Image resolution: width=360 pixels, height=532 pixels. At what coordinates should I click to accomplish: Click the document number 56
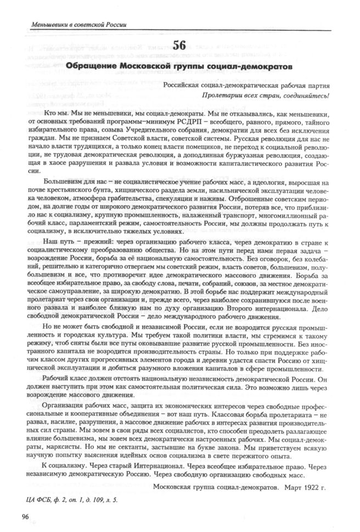point(179,47)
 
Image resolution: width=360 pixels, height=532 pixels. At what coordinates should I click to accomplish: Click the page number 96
point(25,516)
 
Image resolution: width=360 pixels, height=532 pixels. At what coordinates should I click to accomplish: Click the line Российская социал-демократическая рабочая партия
point(251,86)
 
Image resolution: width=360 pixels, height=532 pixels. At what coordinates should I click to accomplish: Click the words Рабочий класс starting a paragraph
point(53,380)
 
